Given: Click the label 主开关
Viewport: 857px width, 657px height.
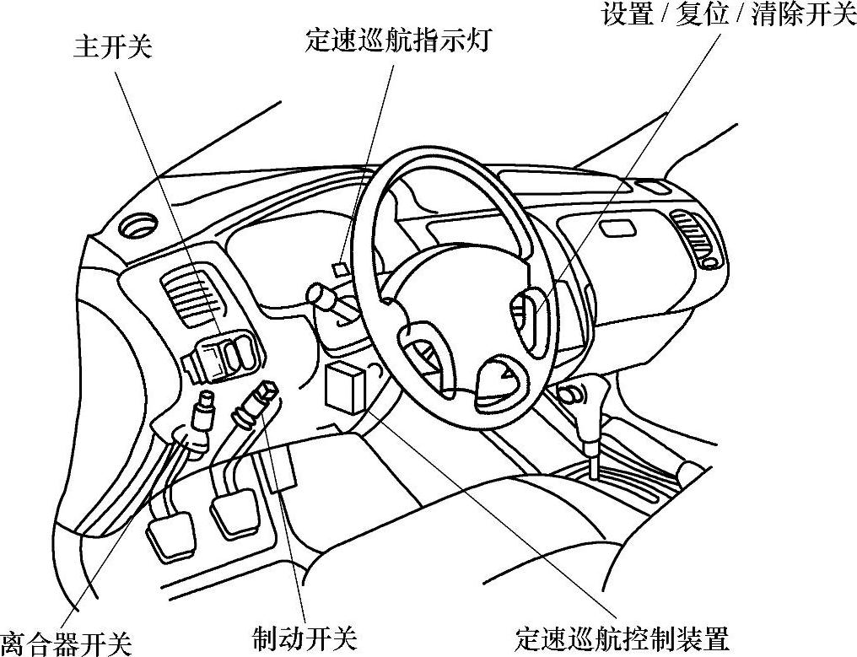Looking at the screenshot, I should pyautogui.click(x=112, y=47).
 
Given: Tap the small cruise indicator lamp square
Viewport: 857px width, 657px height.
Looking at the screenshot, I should pyautogui.click(x=340, y=269).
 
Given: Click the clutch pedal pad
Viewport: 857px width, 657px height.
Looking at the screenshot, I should pyautogui.click(x=171, y=535).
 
